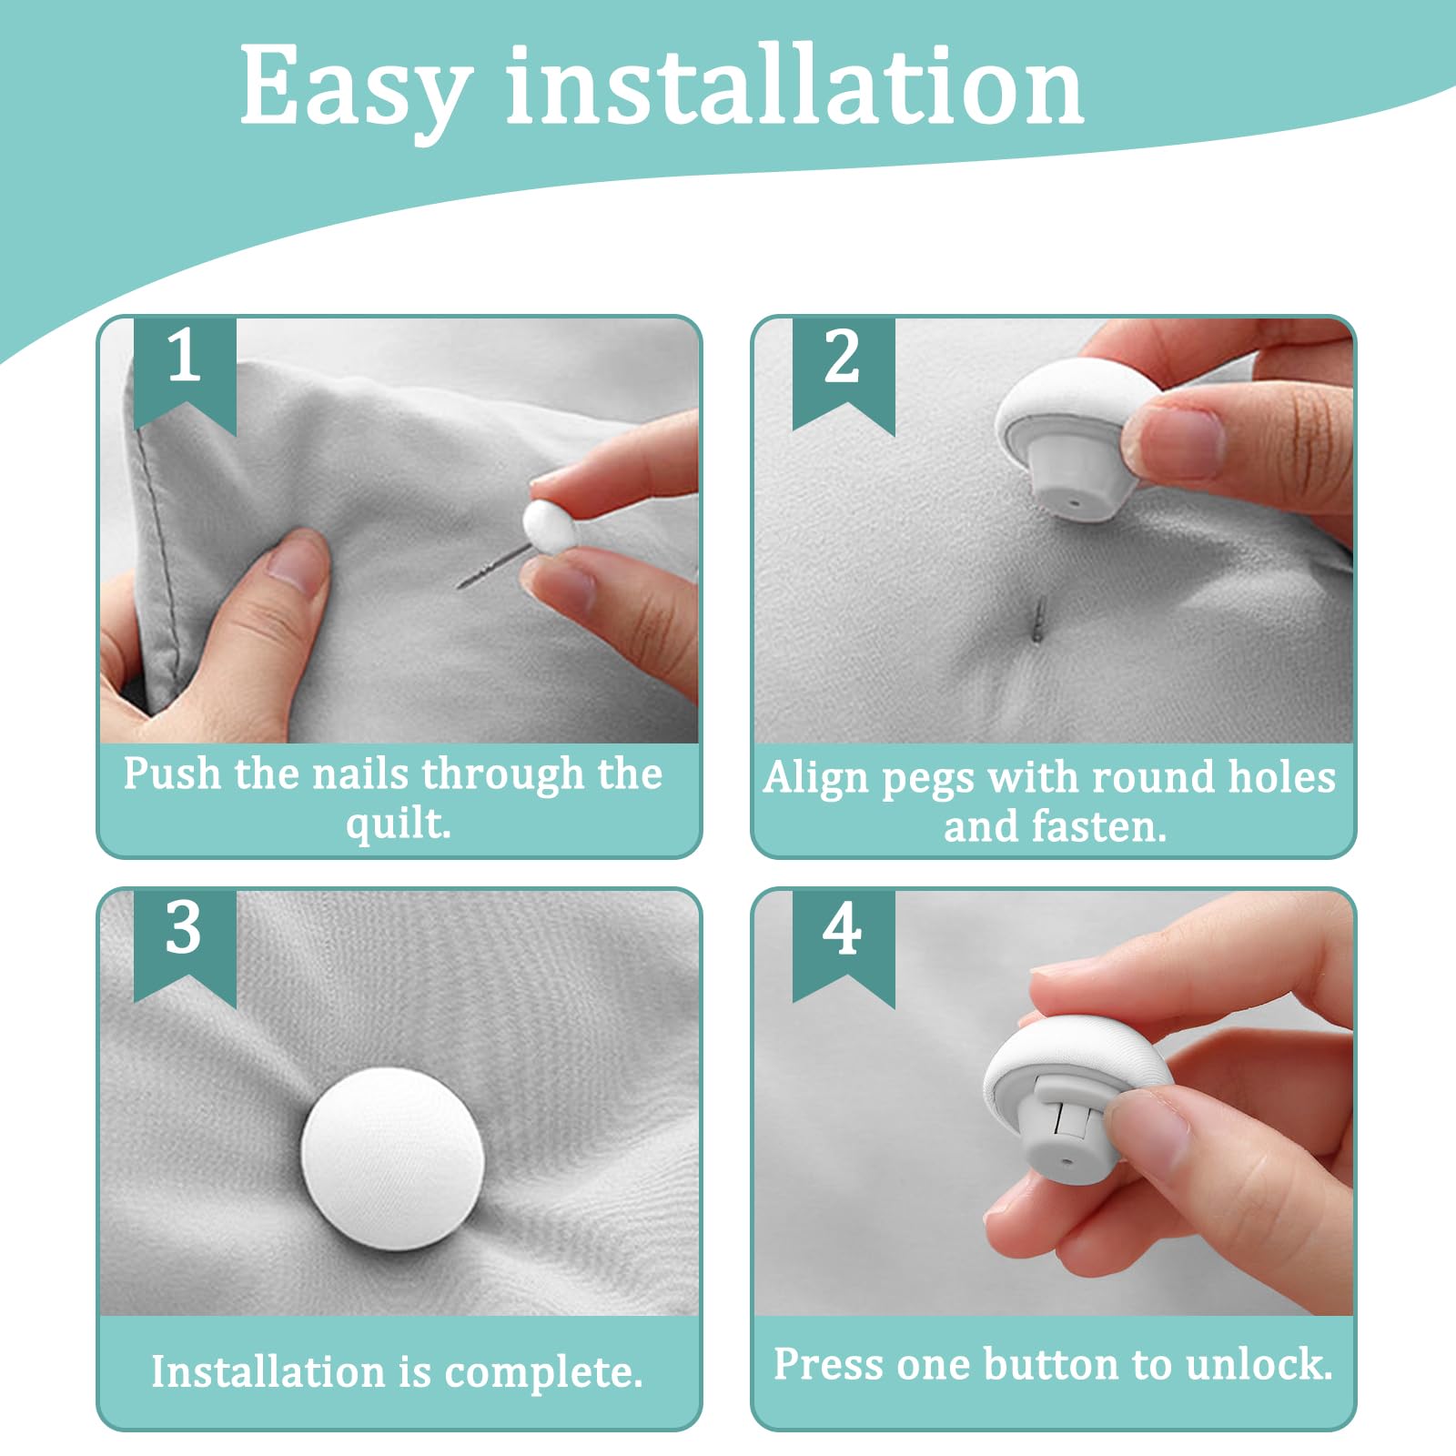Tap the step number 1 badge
185,374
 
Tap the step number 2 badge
844,374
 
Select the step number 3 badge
185,947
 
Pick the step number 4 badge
844,947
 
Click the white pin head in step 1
549,526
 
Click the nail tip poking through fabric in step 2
1039,619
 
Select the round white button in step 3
391,1159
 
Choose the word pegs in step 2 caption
928,779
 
